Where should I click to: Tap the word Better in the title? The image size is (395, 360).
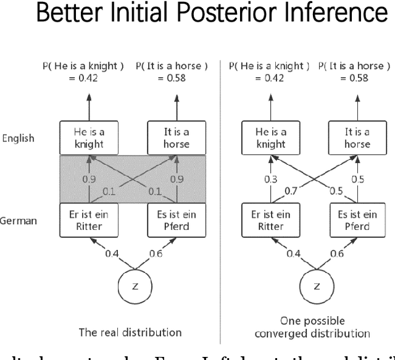(x=70, y=14)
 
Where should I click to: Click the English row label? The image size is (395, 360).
(x=18, y=138)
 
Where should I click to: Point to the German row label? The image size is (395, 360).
(x=16, y=220)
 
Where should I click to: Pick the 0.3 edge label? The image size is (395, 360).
(x=270, y=179)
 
